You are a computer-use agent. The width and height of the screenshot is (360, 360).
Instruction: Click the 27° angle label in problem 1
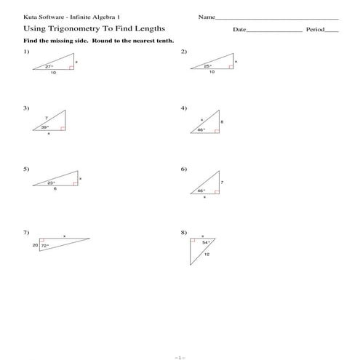[x=49, y=65]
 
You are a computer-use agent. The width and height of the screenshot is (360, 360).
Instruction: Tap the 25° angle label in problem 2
[x=207, y=65]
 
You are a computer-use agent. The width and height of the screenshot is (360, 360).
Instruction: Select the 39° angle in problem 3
[x=44, y=127]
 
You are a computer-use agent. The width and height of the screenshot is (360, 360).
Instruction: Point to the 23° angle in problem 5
[x=51, y=182]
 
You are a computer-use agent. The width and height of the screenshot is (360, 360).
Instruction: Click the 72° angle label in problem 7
[x=44, y=246]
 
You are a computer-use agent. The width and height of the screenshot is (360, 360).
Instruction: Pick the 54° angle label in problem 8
[x=205, y=242]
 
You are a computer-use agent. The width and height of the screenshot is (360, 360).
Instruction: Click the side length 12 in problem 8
[x=207, y=255]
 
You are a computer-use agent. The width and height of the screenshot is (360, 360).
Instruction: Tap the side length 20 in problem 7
[x=35, y=246]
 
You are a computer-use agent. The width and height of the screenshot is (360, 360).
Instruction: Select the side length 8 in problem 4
[x=221, y=122]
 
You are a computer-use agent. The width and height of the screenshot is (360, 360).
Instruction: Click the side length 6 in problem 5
[x=55, y=188]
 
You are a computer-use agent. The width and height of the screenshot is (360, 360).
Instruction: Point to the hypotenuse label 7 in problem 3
[x=45, y=117]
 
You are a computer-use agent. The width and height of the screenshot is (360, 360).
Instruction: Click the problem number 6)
[x=183, y=169]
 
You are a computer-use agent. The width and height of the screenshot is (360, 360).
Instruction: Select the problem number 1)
[x=26, y=52]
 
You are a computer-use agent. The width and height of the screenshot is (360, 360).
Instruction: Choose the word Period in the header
[x=314, y=30]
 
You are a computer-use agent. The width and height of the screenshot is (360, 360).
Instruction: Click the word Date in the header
[x=239, y=30]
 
